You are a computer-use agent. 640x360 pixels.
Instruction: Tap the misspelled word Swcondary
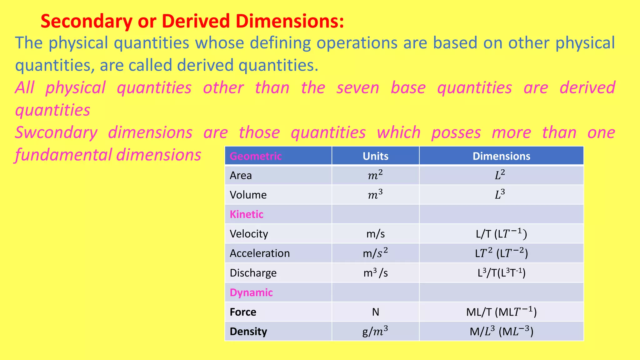tap(56, 132)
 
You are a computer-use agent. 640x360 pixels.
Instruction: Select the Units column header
tap(375, 156)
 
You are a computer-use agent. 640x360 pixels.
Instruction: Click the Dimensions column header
tap(501, 156)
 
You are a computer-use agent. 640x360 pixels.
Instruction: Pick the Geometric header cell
tap(256, 156)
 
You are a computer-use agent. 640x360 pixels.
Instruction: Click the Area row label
tap(241, 175)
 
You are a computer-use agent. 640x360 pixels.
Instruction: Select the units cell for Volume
tap(375, 195)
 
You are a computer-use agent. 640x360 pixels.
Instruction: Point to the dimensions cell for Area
tap(500, 175)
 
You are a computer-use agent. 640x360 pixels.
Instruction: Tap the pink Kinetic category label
tap(247, 214)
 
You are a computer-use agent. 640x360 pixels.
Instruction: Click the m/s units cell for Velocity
tap(375, 234)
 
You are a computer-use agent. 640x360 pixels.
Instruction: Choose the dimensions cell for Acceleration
tap(501, 253)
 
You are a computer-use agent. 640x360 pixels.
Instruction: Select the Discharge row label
tap(253, 273)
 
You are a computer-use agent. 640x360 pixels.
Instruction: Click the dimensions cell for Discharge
tap(501, 273)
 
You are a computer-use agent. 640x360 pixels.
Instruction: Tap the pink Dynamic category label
tap(251, 292)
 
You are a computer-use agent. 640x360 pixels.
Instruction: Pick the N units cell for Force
tap(375, 312)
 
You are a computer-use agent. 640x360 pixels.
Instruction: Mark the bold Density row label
tap(248, 331)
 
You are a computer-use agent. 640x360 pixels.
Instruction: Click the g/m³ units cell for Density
tap(375, 331)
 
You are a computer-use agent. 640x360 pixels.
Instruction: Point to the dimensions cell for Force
tap(501, 312)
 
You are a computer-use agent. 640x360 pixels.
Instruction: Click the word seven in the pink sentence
tap(358, 88)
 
